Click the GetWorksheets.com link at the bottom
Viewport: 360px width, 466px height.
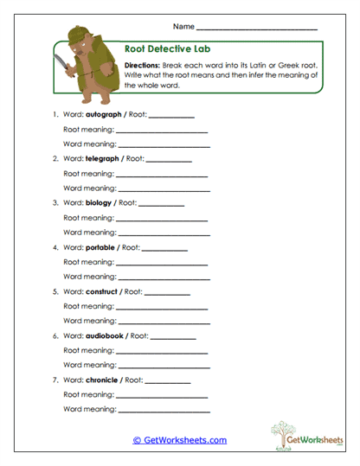coord(179,440)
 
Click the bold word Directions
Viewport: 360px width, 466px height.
coord(143,66)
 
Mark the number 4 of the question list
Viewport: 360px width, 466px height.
coord(55,247)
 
